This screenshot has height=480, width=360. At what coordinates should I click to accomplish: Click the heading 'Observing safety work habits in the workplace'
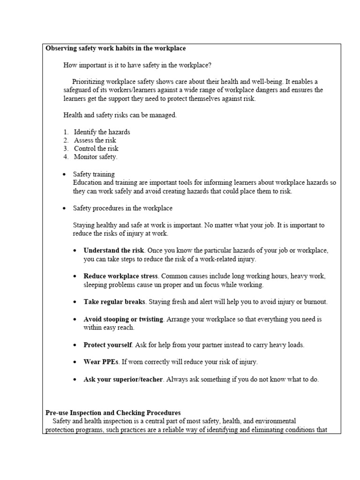tap(116, 48)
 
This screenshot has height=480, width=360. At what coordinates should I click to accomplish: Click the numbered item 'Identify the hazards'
tap(102, 132)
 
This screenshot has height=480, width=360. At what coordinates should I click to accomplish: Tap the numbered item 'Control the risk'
tap(96, 149)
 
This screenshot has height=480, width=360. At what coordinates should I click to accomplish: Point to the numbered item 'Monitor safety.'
tap(96, 157)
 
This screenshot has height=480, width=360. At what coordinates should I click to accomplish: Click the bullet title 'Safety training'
tap(94, 174)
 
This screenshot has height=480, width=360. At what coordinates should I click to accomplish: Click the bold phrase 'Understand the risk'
tap(114, 250)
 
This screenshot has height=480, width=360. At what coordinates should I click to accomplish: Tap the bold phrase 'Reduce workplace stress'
tap(120, 276)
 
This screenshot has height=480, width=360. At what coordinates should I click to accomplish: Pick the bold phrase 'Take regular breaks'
tap(114, 302)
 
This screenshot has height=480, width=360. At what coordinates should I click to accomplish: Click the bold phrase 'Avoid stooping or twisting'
tap(123, 319)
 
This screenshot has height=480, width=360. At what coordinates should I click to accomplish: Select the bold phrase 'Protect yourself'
tap(108, 345)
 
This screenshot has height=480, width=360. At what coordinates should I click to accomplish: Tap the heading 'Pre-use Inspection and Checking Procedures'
tap(113, 413)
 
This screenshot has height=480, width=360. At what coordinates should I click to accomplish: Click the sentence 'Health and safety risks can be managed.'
tap(120, 115)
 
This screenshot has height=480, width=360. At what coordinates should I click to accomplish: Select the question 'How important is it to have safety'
tap(117, 65)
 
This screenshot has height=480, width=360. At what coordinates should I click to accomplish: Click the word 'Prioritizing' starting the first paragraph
tap(90, 82)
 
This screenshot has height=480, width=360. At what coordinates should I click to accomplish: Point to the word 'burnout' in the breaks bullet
tap(316, 302)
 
